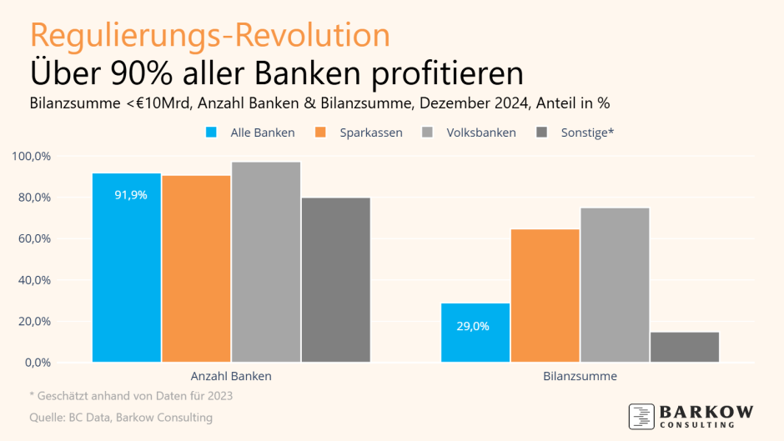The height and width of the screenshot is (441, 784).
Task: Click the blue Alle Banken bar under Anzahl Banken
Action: coord(126,275)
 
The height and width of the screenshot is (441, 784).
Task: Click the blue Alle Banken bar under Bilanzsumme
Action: coord(475,342)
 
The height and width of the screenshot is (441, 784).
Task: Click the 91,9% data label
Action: coord(131,195)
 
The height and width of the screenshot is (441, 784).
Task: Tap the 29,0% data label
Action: coord(473,326)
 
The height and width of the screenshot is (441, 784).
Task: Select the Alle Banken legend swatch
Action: coord(211,133)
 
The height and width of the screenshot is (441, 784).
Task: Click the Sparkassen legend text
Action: coord(371,133)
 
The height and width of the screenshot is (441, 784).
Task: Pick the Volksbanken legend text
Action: coord(481,133)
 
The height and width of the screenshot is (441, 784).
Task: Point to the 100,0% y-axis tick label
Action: coord(31,156)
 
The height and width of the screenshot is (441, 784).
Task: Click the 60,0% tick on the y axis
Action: coord(33,238)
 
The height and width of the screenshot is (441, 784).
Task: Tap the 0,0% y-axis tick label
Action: coord(37,363)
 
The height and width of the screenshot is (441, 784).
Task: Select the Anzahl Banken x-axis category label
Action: coord(231,376)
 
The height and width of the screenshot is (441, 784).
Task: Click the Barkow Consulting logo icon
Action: coord(641,416)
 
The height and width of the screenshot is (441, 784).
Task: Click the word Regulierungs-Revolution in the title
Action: coord(209,36)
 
